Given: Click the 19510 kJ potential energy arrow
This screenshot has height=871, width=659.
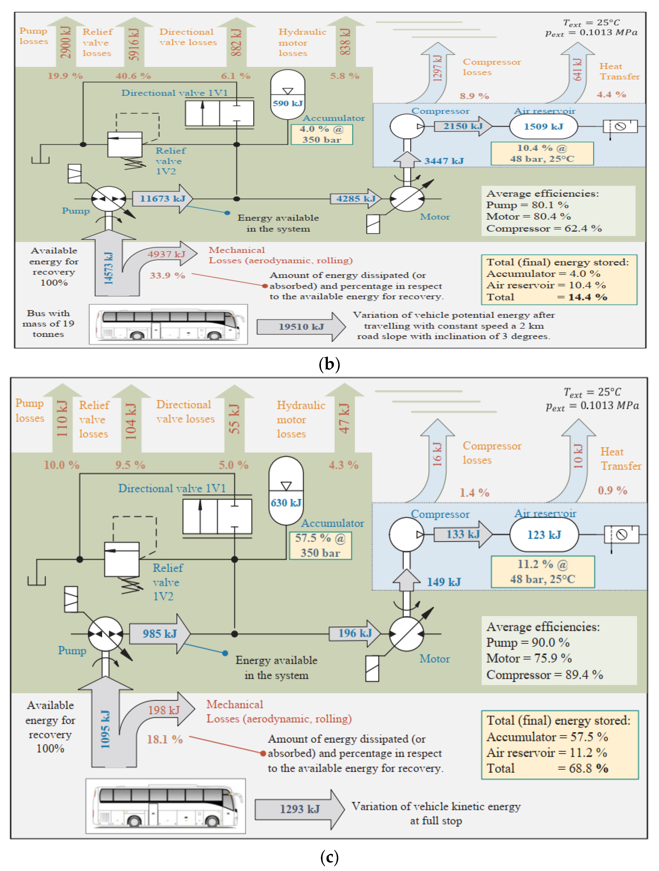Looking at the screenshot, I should click(x=301, y=327).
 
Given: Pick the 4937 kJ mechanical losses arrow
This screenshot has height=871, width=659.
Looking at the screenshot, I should click(x=165, y=254).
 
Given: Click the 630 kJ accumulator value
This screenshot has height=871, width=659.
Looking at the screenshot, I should click(x=286, y=503).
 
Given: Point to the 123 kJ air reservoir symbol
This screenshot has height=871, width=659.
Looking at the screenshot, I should click(x=544, y=535).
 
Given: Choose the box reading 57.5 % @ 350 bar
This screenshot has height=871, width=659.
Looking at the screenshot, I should click(x=320, y=545).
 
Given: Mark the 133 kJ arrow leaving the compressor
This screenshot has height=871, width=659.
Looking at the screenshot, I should click(x=463, y=534).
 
